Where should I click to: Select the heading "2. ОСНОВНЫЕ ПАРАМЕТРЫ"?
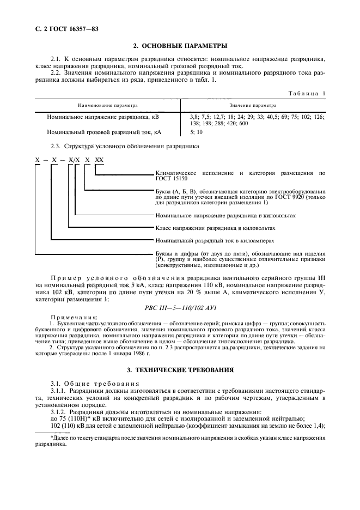180,46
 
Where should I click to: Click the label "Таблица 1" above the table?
307,94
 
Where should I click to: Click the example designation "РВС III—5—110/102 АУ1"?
180,307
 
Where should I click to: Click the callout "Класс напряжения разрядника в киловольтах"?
215,228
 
